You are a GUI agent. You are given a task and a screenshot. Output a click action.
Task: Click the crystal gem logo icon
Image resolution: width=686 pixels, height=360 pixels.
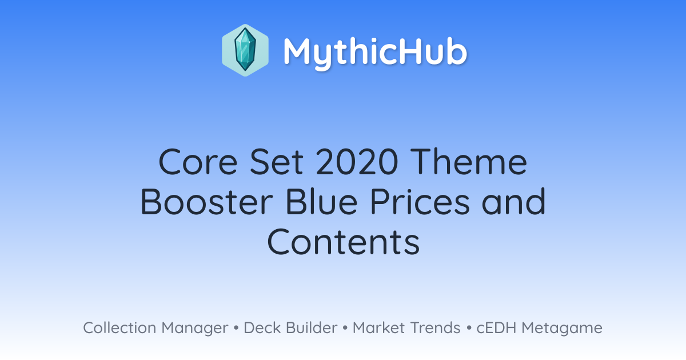[x=245, y=50]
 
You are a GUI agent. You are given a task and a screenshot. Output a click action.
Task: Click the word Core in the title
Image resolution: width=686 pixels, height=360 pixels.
[x=198, y=162]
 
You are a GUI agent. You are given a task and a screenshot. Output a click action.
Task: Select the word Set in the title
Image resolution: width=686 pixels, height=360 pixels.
[x=277, y=162]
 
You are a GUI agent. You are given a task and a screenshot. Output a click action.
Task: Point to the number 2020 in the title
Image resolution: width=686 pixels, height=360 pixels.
[x=357, y=162]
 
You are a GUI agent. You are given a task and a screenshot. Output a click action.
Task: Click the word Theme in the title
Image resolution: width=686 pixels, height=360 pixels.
[x=469, y=162]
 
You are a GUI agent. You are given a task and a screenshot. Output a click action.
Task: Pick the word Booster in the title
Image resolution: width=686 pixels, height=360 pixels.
[x=207, y=202]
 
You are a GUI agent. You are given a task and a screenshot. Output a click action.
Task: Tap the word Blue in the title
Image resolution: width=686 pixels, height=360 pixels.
[x=321, y=202]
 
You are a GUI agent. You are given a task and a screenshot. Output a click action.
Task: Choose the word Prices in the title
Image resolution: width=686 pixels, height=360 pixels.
[x=420, y=202]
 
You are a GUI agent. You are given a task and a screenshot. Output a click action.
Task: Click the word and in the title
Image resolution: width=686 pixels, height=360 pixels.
[x=513, y=202]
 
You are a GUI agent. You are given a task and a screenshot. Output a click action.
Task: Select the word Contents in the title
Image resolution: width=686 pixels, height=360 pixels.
[x=344, y=242]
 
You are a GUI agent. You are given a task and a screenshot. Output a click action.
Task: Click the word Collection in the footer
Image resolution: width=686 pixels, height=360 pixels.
[x=119, y=328]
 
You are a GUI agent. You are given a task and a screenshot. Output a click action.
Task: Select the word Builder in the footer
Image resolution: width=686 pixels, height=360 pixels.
[x=312, y=328]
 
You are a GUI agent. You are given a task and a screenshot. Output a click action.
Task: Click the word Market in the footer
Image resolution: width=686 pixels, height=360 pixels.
[x=379, y=328]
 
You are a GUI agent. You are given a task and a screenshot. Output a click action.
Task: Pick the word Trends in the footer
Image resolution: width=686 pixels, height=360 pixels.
[x=435, y=328]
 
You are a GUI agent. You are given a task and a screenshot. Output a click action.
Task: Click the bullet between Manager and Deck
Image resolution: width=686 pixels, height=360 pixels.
[x=236, y=328]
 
